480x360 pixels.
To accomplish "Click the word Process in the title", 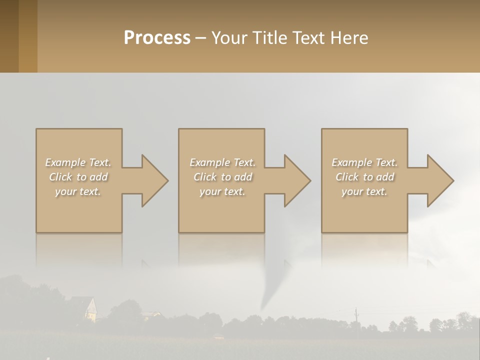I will click(157, 38).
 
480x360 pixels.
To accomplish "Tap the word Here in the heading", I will click(349, 38).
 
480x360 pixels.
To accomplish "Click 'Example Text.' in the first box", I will click(78, 162).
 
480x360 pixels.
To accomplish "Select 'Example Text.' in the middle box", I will click(222, 162).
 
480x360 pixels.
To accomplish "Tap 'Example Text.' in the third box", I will click(364, 162).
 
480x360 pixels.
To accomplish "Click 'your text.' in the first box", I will click(78, 191).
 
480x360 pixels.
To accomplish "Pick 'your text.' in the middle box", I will click(222, 191).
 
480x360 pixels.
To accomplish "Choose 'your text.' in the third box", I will click(364, 191).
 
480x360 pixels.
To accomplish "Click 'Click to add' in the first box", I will click(78, 177).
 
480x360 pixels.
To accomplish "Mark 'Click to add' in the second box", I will click(222, 177).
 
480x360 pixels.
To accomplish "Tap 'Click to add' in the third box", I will click(364, 177).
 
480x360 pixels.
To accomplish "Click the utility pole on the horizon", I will click(356, 315).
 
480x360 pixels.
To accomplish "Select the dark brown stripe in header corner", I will click(9, 36).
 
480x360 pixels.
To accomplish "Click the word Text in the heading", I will click(310, 38).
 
